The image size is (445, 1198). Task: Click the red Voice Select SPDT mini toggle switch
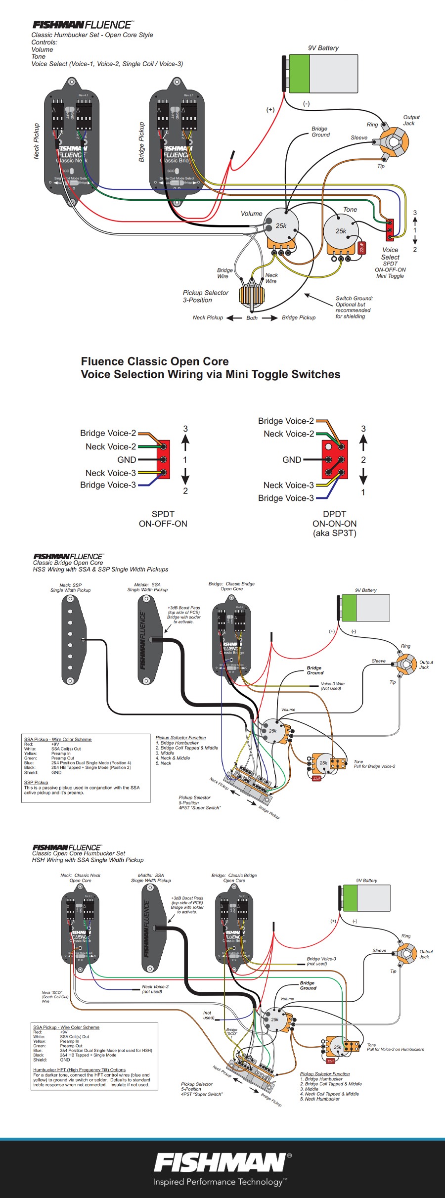pyautogui.click(x=390, y=230)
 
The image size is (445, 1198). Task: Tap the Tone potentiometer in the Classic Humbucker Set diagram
pyautogui.click(x=341, y=231)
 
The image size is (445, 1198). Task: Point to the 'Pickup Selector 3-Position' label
pyautogui.click(x=205, y=296)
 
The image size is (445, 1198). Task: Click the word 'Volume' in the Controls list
pyautogui.click(x=42, y=49)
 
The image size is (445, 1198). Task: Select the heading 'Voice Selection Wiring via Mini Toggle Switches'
pyautogui.click(x=211, y=374)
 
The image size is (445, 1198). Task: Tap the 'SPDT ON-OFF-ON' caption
pyautogui.click(x=163, y=519)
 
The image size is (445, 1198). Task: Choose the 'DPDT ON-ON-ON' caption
pyautogui.click(x=334, y=523)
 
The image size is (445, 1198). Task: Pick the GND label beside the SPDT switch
pyautogui.click(x=127, y=460)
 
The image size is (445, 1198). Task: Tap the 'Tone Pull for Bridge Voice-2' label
pyautogui.click(x=374, y=764)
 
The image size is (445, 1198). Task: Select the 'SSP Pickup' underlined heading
pyautogui.click(x=36, y=782)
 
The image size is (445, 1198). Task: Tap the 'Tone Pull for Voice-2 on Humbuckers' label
pyautogui.click(x=395, y=1047)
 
